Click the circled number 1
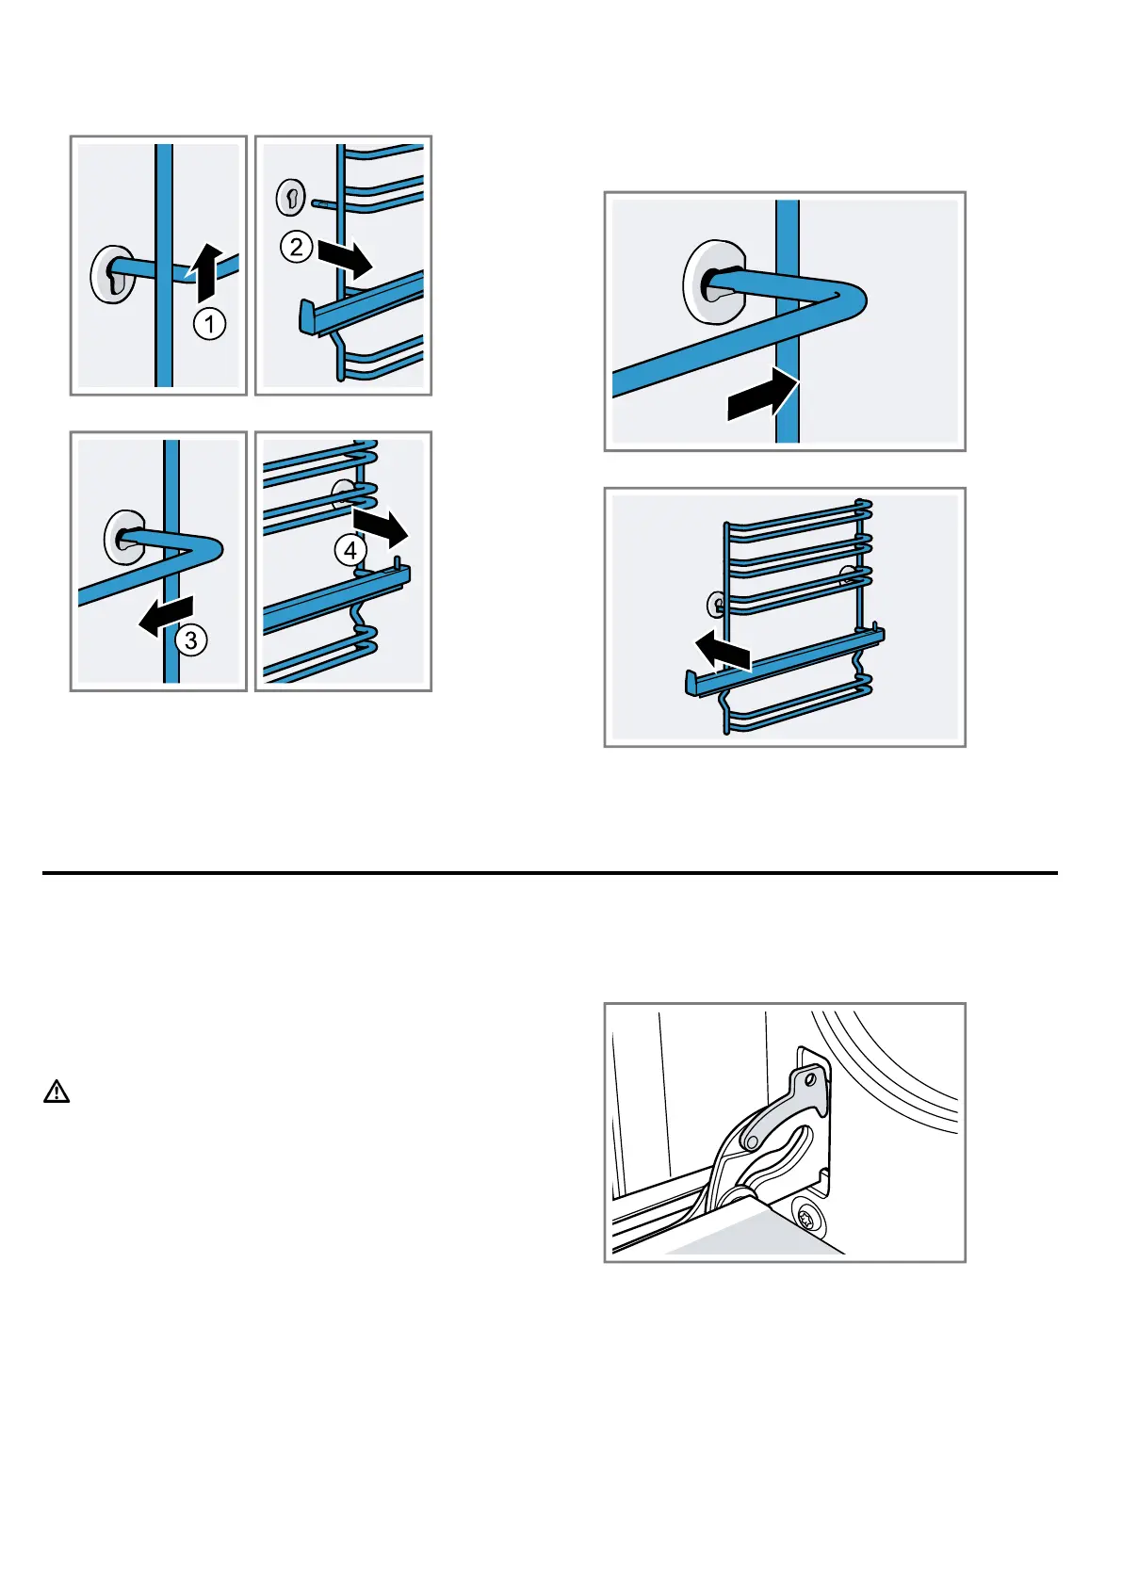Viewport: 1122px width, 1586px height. click(209, 324)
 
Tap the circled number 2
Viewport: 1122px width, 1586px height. click(296, 247)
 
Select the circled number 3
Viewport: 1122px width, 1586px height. click(190, 640)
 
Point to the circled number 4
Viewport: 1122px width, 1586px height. click(350, 550)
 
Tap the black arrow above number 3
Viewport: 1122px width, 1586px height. click(167, 616)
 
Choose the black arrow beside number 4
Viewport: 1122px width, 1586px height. click(381, 528)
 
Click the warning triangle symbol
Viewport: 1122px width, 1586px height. click(57, 1092)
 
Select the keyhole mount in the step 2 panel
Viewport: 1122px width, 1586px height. click(290, 198)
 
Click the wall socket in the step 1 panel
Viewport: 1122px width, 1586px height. click(111, 276)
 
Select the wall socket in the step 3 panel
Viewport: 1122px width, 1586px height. click(123, 537)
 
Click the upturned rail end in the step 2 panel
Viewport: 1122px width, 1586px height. click(307, 316)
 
